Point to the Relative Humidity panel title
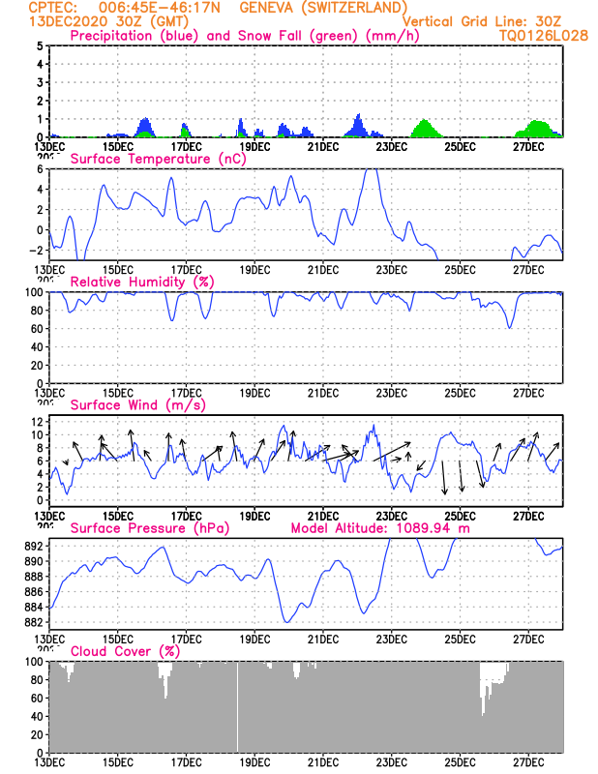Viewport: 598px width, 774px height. tap(141, 282)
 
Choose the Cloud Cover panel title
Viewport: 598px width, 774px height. tap(126, 651)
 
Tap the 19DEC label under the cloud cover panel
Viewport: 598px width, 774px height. tap(254, 761)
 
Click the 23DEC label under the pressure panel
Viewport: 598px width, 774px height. tap(391, 639)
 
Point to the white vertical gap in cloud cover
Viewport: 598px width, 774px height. tap(238, 706)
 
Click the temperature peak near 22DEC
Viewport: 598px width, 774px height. tap(370, 170)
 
